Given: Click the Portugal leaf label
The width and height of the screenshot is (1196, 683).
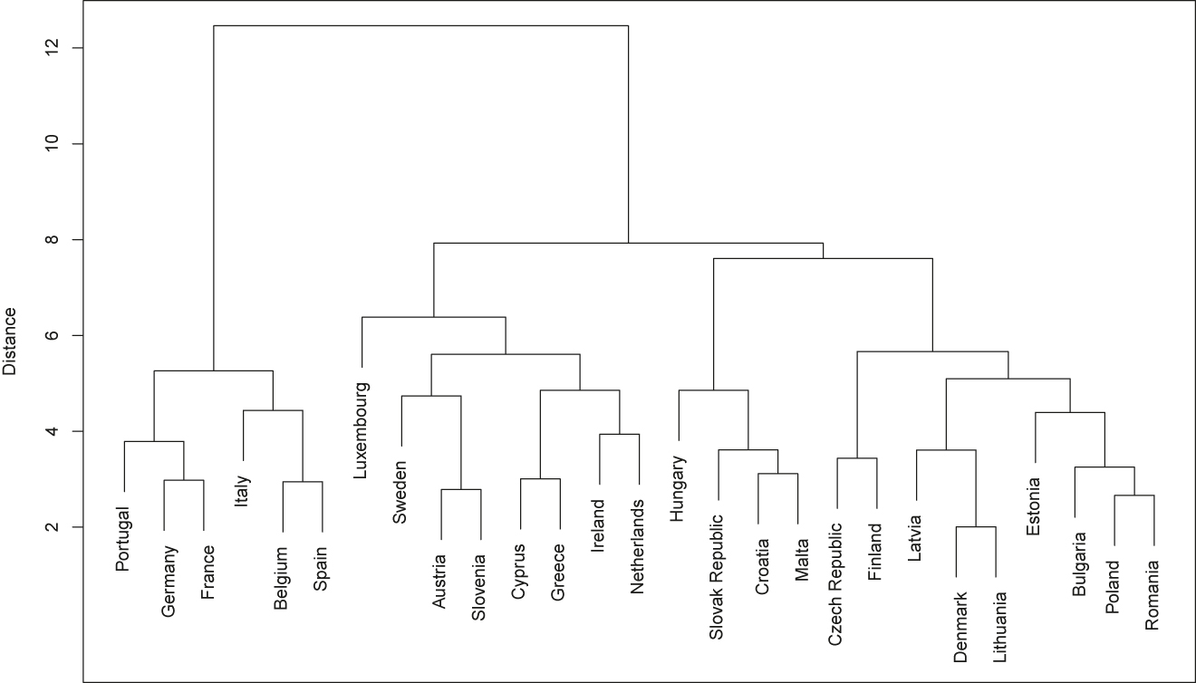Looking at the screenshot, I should click(x=124, y=538).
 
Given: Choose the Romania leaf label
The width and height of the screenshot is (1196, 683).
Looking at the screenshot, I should click(x=1153, y=585).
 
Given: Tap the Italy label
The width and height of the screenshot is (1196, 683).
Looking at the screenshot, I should click(x=242, y=492).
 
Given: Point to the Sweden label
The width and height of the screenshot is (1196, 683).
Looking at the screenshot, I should click(x=400, y=492).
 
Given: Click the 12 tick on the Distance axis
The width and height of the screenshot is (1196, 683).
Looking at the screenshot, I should click(x=59, y=47).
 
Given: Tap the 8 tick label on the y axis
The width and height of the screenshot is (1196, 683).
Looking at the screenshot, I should click(x=59, y=240).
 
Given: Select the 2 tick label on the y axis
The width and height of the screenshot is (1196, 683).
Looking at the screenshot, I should click(x=59, y=527).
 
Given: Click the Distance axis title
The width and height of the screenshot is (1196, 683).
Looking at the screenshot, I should click(x=11, y=341).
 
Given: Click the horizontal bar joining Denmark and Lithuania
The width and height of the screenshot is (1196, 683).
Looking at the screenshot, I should click(x=977, y=526).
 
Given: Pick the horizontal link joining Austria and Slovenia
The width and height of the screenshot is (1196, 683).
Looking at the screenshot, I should click(x=460, y=489).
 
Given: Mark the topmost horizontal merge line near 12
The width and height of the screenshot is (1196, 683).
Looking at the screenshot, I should click(x=420, y=25).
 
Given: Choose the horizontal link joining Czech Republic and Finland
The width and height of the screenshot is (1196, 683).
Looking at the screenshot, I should click(x=857, y=458).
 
